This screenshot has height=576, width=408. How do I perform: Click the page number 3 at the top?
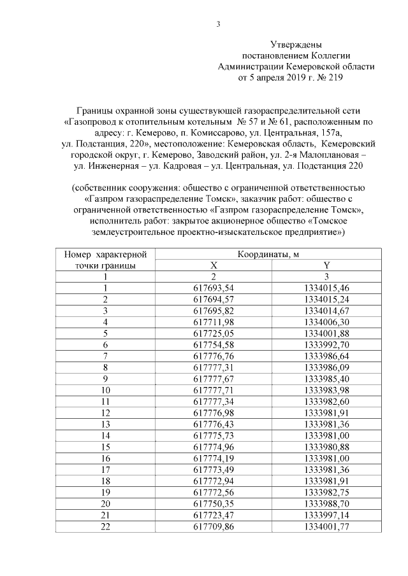click(218, 25)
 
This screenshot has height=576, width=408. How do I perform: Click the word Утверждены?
click(296, 45)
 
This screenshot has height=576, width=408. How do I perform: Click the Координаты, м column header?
click(268, 254)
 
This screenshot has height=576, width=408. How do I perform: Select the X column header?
click(214, 265)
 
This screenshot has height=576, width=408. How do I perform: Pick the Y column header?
click(326, 265)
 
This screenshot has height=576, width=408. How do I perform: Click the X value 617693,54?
click(214, 288)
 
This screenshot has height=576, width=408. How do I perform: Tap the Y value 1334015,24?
click(326, 299)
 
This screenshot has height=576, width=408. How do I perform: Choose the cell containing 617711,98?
click(214, 322)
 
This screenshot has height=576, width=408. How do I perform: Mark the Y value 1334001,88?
click(326, 333)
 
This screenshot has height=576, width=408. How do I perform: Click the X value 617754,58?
click(214, 344)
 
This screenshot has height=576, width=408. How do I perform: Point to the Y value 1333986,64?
click(326, 356)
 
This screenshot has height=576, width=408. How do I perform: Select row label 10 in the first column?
click(105, 390)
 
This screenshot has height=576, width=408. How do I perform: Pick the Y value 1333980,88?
click(326, 446)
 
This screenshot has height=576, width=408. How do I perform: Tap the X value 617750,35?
click(214, 503)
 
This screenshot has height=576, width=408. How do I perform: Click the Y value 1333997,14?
click(326, 514)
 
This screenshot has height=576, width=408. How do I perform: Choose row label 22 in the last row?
click(105, 526)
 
